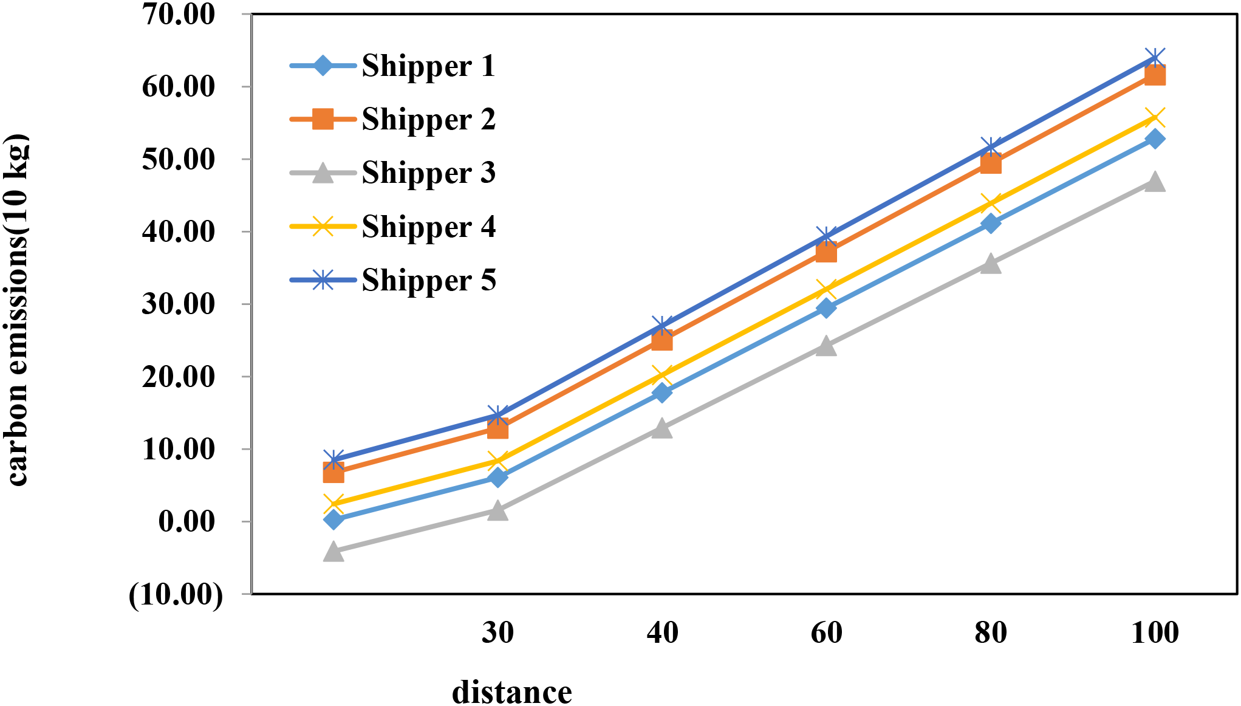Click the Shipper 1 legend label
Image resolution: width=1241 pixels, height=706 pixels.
click(428, 66)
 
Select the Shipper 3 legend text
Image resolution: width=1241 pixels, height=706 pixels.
click(428, 173)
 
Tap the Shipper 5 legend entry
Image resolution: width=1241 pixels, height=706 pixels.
click(428, 280)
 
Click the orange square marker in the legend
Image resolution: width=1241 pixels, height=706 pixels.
click(323, 119)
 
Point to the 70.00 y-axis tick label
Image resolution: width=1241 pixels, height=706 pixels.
click(179, 14)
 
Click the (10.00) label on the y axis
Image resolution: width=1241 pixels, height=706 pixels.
click(176, 594)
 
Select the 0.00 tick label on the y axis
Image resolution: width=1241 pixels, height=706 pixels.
click(186, 521)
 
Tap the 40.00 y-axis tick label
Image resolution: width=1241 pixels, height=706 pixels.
click(179, 231)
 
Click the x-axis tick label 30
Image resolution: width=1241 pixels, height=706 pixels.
click(497, 632)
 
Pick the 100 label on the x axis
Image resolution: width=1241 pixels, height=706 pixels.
click(1155, 632)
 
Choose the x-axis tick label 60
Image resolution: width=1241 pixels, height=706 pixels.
click(826, 632)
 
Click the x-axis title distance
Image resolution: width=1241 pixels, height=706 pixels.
click(511, 692)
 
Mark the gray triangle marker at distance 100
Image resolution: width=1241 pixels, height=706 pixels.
click(1155, 182)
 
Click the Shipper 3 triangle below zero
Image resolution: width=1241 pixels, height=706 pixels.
click(333, 552)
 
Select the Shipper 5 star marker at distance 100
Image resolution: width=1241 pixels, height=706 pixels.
click(1155, 59)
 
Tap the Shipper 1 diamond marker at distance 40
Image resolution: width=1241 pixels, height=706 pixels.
click(662, 393)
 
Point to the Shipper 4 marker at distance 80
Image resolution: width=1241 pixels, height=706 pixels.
click(991, 203)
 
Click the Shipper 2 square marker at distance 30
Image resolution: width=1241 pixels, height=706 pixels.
click(497, 429)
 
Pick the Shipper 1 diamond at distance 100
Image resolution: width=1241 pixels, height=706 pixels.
click(1155, 139)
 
